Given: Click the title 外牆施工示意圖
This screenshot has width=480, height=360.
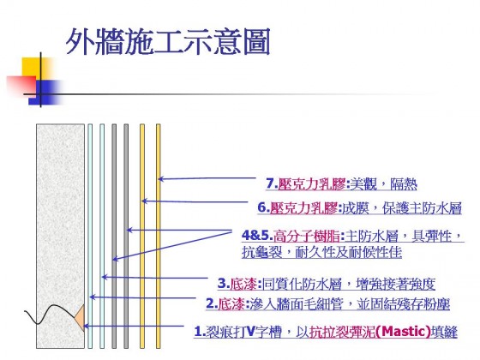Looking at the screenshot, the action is click(168, 42).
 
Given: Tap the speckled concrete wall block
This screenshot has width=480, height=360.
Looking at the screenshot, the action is click(60, 236).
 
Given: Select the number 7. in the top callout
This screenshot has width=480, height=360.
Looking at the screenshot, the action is click(272, 183).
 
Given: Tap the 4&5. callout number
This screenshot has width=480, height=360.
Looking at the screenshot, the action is click(257, 236).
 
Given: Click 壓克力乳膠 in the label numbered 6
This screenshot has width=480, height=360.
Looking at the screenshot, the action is click(303, 207).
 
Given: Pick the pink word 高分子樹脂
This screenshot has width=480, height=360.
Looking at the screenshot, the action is click(307, 236).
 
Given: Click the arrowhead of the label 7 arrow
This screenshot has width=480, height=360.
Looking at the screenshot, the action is click(160, 179).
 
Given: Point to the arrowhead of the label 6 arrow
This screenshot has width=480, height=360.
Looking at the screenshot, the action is click(144, 201).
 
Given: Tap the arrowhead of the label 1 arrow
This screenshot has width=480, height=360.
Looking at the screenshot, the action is click(87, 327).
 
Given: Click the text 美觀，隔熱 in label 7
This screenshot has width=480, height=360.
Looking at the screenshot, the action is click(384, 184).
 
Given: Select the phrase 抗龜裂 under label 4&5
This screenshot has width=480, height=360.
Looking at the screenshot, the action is click(261, 253).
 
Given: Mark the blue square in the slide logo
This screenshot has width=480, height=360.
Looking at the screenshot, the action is click(46, 93).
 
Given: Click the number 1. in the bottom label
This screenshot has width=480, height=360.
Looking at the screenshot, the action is click(199, 332).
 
